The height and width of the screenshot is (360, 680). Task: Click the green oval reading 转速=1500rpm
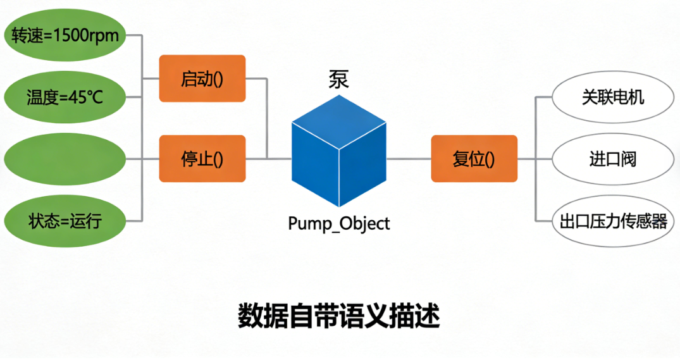click(x=65, y=35)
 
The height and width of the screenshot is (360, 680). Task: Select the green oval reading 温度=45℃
click(x=65, y=97)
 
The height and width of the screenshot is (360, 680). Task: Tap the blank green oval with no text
click(x=65, y=159)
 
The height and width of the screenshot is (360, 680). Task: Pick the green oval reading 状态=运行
click(x=65, y=221)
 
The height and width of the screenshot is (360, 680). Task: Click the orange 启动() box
click(x=202, y=78)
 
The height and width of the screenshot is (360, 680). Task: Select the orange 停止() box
click(x=202, y=159)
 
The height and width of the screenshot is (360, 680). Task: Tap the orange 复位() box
click(x=474, y=159)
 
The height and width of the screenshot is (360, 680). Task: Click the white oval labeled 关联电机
click(x=613, y=97)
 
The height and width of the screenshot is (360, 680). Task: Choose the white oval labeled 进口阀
click(x=613, y=159)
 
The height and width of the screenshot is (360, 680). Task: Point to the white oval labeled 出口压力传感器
click(x=613, y=221)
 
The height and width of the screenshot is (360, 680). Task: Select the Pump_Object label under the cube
click(x=339, y=223)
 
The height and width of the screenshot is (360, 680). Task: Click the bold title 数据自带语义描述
click(x=339, y=316)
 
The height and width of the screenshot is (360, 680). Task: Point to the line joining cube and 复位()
click(x=409, y=159)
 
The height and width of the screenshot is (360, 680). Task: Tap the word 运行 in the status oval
click(x=87, y=221)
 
